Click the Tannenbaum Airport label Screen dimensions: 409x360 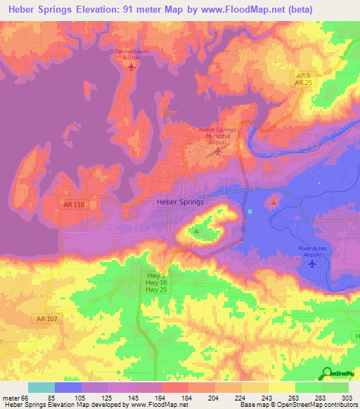pos(127,54)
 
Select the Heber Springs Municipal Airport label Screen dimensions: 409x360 pos(218,136)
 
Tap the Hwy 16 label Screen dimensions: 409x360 pos(156,282)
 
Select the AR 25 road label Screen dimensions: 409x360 pos(303,83)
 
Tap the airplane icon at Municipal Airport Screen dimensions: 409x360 pos(218,150)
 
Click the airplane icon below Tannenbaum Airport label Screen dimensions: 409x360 pos(127,69)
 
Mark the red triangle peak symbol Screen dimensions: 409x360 pos(273,202)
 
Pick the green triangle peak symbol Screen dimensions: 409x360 pos(196,231)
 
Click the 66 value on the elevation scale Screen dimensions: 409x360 pos(24,398)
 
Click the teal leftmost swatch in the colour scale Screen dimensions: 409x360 pos(41,387)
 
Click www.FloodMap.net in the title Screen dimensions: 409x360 pos(239,8)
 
